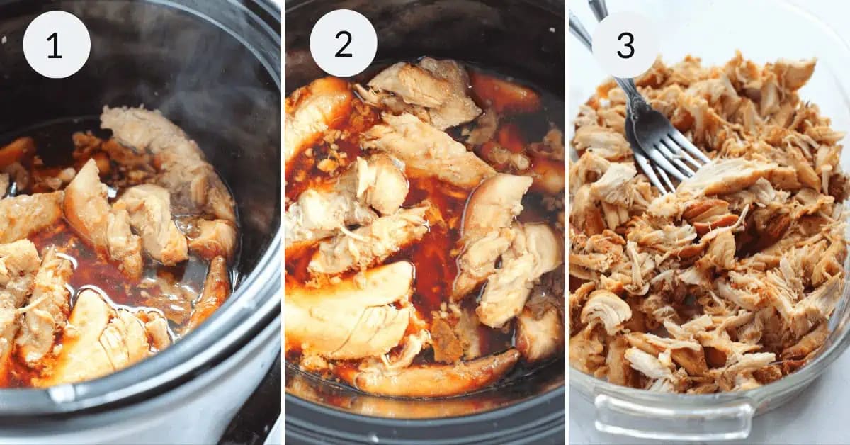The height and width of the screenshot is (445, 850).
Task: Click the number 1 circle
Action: (57, 44)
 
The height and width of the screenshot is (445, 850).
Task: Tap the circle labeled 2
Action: (344, 44)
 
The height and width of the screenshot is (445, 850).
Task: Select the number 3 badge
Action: (625, 44)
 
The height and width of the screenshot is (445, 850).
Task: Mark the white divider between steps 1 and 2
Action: (283, 222)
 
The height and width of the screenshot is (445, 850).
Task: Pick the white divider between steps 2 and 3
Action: (567, 222)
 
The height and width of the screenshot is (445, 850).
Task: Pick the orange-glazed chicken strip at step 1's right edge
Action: (212, 291)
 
